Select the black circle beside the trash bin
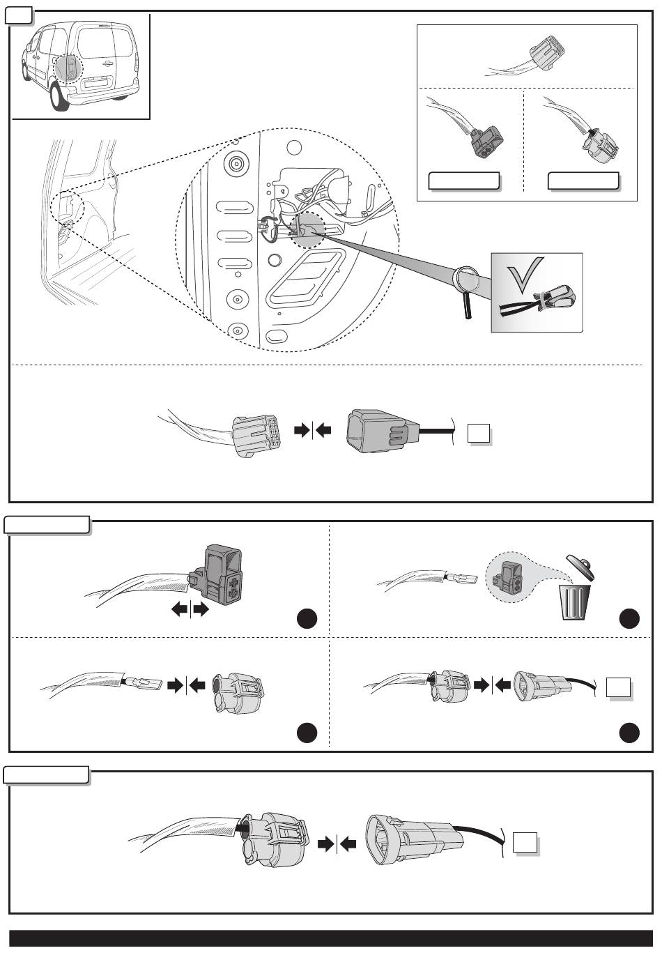(x=630, y=618)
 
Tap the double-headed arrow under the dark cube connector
(x=190, y=610)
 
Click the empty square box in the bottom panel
(x=525, y=843)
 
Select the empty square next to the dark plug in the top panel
(x=479, y=434)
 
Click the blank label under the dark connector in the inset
(x=463, y=181)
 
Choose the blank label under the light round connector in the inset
(x=584, y=181)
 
